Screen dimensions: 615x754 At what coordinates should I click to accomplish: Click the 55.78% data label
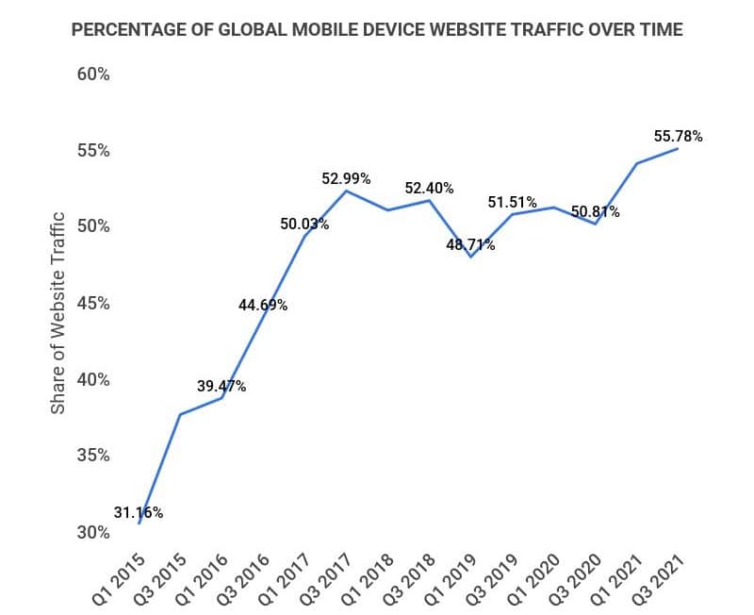tap(678, 137)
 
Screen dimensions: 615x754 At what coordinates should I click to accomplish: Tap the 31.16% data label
tap(139, 513)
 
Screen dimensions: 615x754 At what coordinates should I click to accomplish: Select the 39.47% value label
tap(221, 386)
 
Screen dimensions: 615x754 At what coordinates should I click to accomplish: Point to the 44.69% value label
tap(263, 305)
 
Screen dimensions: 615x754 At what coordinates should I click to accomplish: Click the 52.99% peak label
tap(346, 178)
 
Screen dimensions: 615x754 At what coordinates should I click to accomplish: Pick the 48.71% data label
tap(470, 245)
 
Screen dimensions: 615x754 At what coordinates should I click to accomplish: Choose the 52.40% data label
tap(429, 188)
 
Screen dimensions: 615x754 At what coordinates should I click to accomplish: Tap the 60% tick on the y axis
tap(92, 75)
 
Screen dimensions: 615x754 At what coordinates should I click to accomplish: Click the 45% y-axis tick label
tap(92, 304)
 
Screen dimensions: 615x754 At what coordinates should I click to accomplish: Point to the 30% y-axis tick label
tap(92, 533)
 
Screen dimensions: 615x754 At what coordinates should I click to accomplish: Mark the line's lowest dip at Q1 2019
tap(470, 257)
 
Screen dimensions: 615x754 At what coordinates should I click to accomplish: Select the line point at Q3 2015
tap(180, 414)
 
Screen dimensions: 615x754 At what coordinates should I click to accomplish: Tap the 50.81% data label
tap(595, 212)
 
